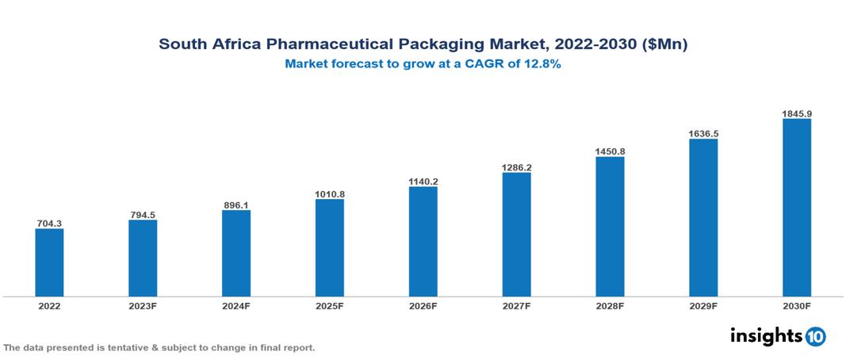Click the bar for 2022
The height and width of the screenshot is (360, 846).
(49, 262)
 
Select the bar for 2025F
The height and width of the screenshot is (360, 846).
(329, 247)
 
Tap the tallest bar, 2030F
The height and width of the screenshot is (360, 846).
(796, 208)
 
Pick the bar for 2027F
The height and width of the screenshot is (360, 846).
(516, 235)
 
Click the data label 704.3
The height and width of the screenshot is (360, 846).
(49, 223)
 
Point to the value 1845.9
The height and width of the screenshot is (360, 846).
(796, 113)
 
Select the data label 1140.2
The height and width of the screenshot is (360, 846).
(423, 181)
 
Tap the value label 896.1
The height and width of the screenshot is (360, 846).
(236, 205)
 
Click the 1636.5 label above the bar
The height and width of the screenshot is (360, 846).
(703, 133)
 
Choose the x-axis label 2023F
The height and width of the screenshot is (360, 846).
(143, 306)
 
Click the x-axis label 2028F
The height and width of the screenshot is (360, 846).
(610, 306)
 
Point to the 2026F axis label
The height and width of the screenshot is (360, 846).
(423, 306)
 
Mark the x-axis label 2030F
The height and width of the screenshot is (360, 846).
(796, 306)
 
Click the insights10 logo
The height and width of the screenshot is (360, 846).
(778, 336)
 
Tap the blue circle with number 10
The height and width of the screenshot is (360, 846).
(815, 337)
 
